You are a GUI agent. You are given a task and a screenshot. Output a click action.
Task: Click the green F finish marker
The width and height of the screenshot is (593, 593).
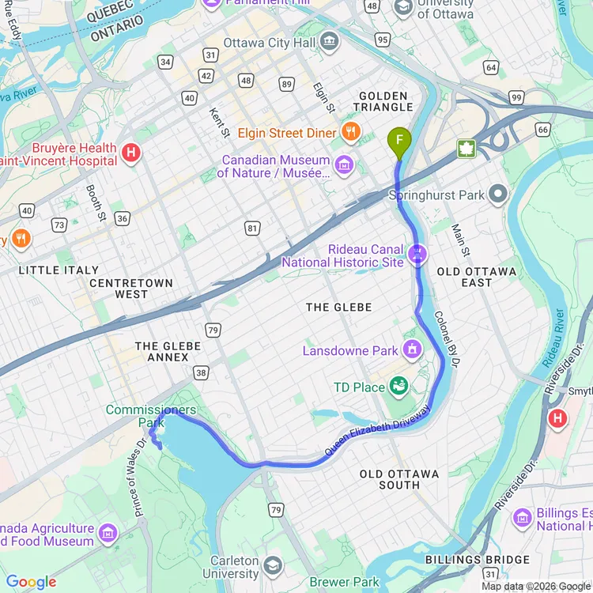click(x=399, y=142)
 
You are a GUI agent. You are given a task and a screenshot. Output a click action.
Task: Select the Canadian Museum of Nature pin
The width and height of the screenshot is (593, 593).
click(x=344, y=165)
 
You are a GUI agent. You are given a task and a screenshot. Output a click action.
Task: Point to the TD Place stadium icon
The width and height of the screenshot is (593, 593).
click(x=399, y=387)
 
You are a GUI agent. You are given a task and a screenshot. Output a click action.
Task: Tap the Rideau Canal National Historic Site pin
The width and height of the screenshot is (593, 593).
click(x=417, y=254)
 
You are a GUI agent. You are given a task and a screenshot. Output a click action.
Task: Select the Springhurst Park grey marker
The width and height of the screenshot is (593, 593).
click(x=497, y=194)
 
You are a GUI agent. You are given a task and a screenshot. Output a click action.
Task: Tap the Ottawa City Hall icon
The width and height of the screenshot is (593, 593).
click(x=330, y=41)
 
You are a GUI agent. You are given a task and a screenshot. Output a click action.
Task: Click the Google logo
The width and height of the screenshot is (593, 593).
click(x=31, y=582)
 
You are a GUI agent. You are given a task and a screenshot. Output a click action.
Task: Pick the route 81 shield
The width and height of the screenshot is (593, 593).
click(x=252, y=229)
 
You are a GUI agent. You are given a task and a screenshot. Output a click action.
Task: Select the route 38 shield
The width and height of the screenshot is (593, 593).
click(x=201, y=372)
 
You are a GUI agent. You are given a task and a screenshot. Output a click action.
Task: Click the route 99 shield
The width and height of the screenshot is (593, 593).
click(x=516, y=96)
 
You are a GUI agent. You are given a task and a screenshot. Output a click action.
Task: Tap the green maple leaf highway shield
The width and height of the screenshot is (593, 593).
click(x=466, y=149)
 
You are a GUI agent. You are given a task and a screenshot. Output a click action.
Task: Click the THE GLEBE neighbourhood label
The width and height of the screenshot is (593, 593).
click(x=338, y=307)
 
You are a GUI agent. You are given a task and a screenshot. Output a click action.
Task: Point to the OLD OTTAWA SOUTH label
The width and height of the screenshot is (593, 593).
click(x=399, y=479)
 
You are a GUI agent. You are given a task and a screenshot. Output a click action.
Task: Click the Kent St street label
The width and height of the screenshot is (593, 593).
click(x=220, y=122)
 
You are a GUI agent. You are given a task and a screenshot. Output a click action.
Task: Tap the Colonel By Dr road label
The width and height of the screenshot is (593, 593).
click(x=447, y=338)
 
